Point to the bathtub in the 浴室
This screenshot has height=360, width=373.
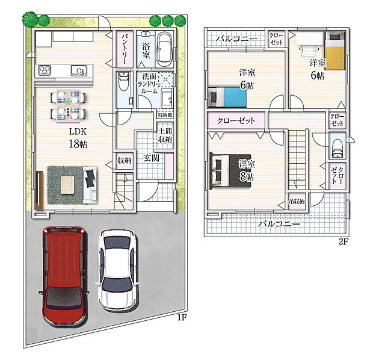(x=164, y=49)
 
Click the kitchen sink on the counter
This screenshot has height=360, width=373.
(x=79, y=70)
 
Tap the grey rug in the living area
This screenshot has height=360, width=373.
(x=67, y=182)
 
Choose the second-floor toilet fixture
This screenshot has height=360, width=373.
(x=337, y=145)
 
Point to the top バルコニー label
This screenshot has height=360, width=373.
(x=236, y=39)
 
